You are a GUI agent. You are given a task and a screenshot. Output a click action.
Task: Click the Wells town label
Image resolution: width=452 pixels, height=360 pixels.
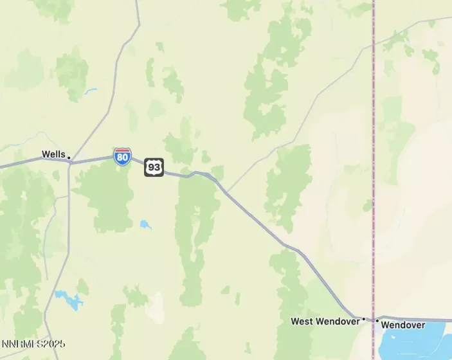coord(53,154)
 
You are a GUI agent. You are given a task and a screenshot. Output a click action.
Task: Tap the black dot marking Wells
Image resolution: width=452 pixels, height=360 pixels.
coord(69,158)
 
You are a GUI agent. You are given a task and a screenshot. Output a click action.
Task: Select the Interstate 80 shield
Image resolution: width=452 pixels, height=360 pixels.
coord(122,156)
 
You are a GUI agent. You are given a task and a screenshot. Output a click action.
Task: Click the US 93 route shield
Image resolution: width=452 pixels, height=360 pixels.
coord(154,167)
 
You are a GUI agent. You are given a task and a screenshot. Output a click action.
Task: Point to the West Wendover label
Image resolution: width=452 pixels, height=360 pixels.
coord(325,321)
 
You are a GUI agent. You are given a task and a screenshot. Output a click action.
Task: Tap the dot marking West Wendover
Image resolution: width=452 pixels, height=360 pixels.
coord(363,319)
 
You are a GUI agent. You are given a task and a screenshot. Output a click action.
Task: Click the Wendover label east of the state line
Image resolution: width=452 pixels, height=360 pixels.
coord(402,325)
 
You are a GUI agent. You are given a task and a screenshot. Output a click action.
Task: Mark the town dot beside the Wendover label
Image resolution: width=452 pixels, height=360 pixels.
coord(377,320)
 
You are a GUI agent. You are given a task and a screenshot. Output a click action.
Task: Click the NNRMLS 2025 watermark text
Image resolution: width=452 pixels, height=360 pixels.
coord(33,344)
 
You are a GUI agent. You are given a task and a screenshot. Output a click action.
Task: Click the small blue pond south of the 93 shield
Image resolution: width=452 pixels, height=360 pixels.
coord(145,225)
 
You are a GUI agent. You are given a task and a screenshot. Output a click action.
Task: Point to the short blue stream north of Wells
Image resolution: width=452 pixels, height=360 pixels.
coord(90,91)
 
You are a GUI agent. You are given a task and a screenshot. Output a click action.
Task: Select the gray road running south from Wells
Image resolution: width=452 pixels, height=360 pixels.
coord(68,225)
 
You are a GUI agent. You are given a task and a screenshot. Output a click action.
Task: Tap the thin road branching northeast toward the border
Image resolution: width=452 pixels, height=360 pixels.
coord(302,116)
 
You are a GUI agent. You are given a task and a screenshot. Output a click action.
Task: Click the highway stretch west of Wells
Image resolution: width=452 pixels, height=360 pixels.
coord(32,163)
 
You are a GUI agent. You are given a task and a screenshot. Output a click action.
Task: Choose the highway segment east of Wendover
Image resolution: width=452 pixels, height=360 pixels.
coord(418,319)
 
